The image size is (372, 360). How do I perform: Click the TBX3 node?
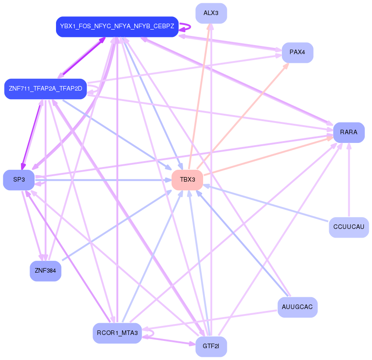(x=187, y=180)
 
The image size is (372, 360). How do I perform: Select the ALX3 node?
(x=211, y=13)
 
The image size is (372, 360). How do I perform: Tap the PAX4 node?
(x=297, y=52)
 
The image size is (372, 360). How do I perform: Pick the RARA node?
(x=349, y=132)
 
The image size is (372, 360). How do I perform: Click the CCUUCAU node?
(x=348, y=227)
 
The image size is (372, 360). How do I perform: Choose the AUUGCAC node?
(x=297, y=307)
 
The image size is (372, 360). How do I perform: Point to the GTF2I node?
(x=211, y=347)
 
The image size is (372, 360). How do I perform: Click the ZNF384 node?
(x=45, y=271)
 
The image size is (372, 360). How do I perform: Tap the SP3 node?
(x=19, y=180)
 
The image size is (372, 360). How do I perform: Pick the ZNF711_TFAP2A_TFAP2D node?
(x=45, y=88)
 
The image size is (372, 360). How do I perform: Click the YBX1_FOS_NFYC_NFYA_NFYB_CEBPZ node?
(x=117, y=26)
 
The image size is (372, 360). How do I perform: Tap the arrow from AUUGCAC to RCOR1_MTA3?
(x=209, y=320)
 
